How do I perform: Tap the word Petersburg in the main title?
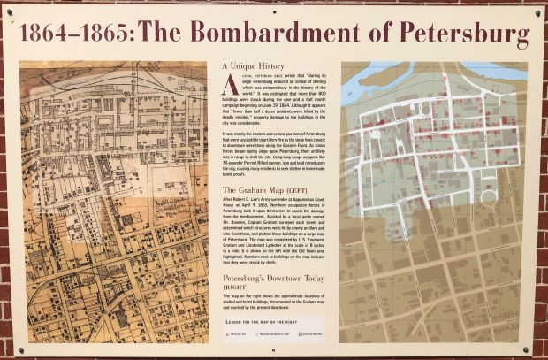[459, 35]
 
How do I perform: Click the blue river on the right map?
[362, 84]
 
